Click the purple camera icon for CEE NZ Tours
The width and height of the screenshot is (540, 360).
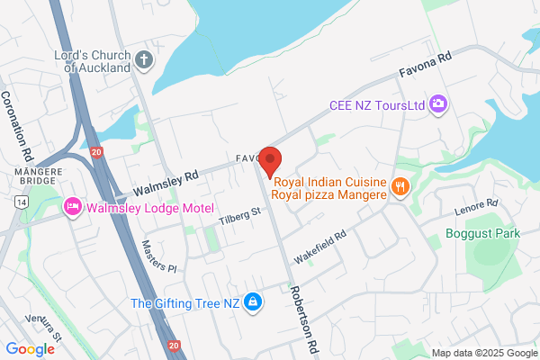pyautogui.click(x=438, y=104)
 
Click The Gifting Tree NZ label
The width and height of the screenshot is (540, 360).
pyautogui.click(x=186, y=302)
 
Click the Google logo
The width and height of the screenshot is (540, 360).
pyautogui.click(x=30, y=349)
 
